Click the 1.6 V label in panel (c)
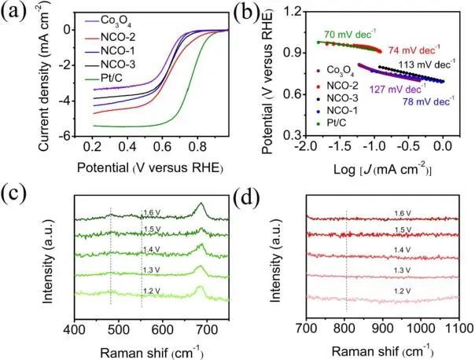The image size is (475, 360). pyautogui.click(x=153, y=211)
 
